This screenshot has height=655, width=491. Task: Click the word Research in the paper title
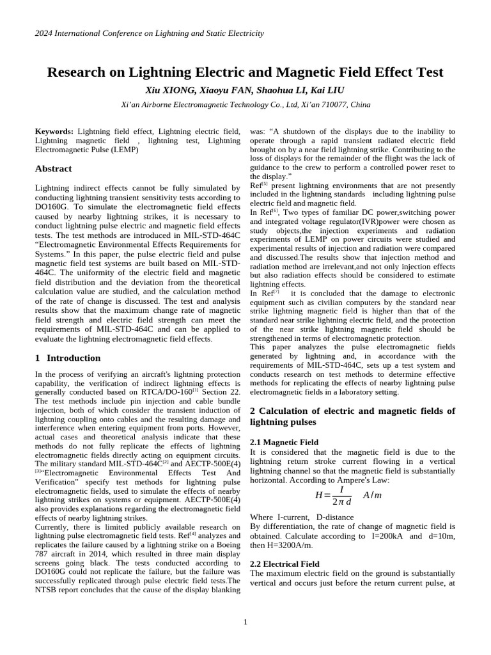pos(78,72)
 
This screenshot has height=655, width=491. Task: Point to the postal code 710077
pos(336,104)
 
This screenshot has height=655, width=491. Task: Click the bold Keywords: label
pos(54,131)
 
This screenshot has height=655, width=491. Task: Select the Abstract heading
pos(53,169)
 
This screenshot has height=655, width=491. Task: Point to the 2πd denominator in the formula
pos(341,501)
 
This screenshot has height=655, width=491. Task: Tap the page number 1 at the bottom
pos(245,622)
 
